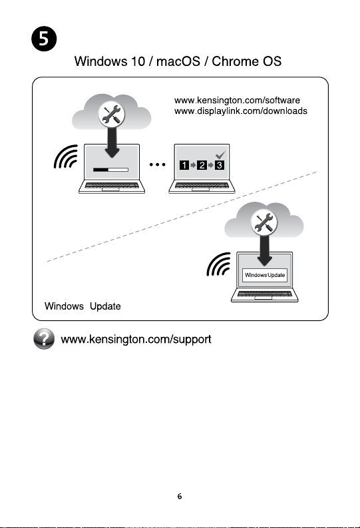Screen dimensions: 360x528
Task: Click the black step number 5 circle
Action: (x=44, y=39)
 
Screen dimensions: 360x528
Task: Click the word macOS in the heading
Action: (x=178, y=61)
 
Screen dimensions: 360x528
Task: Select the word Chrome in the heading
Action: (x=234, y=61)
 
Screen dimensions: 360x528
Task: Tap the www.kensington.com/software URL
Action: (x=237, y=100)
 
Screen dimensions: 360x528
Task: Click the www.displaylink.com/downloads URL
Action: (x=241, y=111)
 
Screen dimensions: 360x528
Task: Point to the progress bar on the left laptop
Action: (x=110, y=170)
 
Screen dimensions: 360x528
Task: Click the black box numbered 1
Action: (x=184, y=165)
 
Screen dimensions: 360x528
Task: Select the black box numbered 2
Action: (x=202, y=165)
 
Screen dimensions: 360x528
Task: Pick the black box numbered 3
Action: (x=220, y=165)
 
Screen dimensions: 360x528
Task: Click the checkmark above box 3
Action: (x=220, y=155)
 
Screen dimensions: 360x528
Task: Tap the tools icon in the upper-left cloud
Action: (x=111, y=114)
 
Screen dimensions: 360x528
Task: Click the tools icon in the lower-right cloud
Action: (x=264, y=222)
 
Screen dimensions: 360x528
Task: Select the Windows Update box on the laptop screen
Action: (x=265, y=275)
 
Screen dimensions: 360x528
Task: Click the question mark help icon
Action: (x=44, y=339)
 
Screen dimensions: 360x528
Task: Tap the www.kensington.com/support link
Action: (x=136, y=339)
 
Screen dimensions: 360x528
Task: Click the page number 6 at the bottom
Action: (x=180, y=496)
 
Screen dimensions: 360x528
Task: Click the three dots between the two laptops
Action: (x=158, y=164)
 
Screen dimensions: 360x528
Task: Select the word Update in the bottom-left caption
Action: (x=105, y=306)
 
